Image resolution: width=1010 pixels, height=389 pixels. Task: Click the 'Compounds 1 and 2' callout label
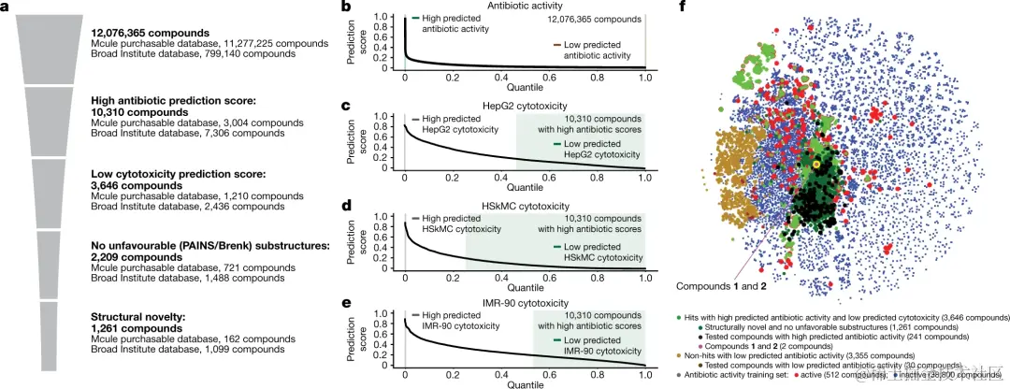(x=724, y=284)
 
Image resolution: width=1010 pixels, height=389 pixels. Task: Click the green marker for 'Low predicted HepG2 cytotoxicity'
(x=558, y=143)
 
